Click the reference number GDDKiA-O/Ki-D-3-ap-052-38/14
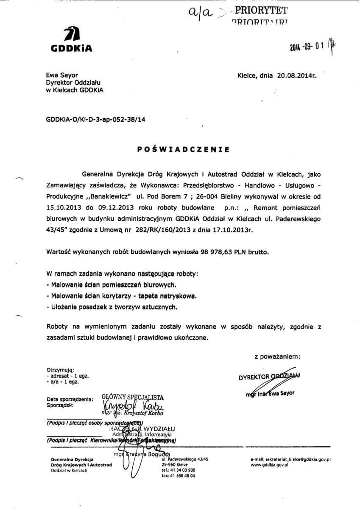coord(95,120)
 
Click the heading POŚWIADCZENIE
coord(184,149)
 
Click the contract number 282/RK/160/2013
coord(150,229)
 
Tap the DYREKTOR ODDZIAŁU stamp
coord(269,376)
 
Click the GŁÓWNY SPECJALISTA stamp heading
coord(133,397)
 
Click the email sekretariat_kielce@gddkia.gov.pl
coord(290,459)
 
